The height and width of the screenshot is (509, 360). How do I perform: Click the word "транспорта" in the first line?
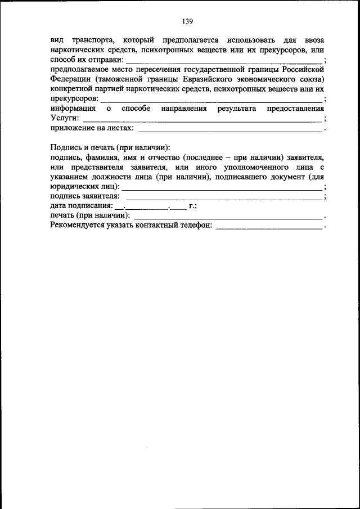[93, 40]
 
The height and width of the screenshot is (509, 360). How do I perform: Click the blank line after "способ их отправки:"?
[224, 61]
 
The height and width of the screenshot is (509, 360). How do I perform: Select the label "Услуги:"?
[64, 119]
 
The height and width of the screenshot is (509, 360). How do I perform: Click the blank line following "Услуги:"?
[202, 120]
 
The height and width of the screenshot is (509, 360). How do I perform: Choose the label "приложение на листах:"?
[92, 128]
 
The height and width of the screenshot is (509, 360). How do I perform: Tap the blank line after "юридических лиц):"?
[222, 187]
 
